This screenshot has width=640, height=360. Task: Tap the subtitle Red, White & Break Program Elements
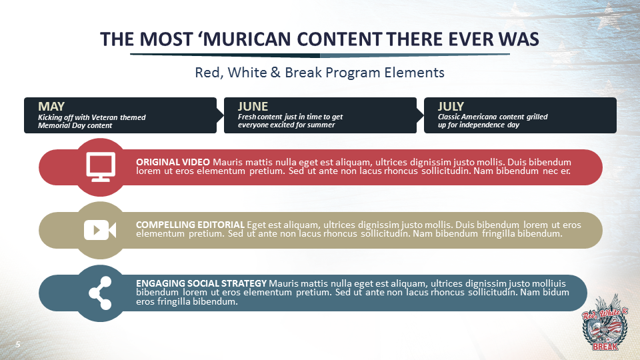tap(319, 72)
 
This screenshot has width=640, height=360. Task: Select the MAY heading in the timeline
tap(51, 106)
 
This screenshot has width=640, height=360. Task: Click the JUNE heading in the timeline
tap(253, 106)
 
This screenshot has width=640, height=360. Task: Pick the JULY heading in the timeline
tap(451, 106)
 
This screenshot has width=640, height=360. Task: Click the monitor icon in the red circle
tap(101, 167)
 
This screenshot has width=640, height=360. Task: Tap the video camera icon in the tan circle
tap(100, 230)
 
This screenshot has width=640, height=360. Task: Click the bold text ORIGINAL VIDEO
tap(173, 162)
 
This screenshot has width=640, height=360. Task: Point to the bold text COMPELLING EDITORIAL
tap(190, 225)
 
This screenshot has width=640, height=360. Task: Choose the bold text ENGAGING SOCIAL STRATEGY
tap(201, 283)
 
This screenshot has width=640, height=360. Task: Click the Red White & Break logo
tap(605, 323)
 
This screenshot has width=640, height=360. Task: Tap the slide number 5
tap(19, 343)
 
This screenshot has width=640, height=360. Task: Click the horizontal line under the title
tap(319, 55)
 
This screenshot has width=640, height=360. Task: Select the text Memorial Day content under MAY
tap(75, 125)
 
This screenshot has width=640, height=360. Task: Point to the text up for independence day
tap(478, 125)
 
